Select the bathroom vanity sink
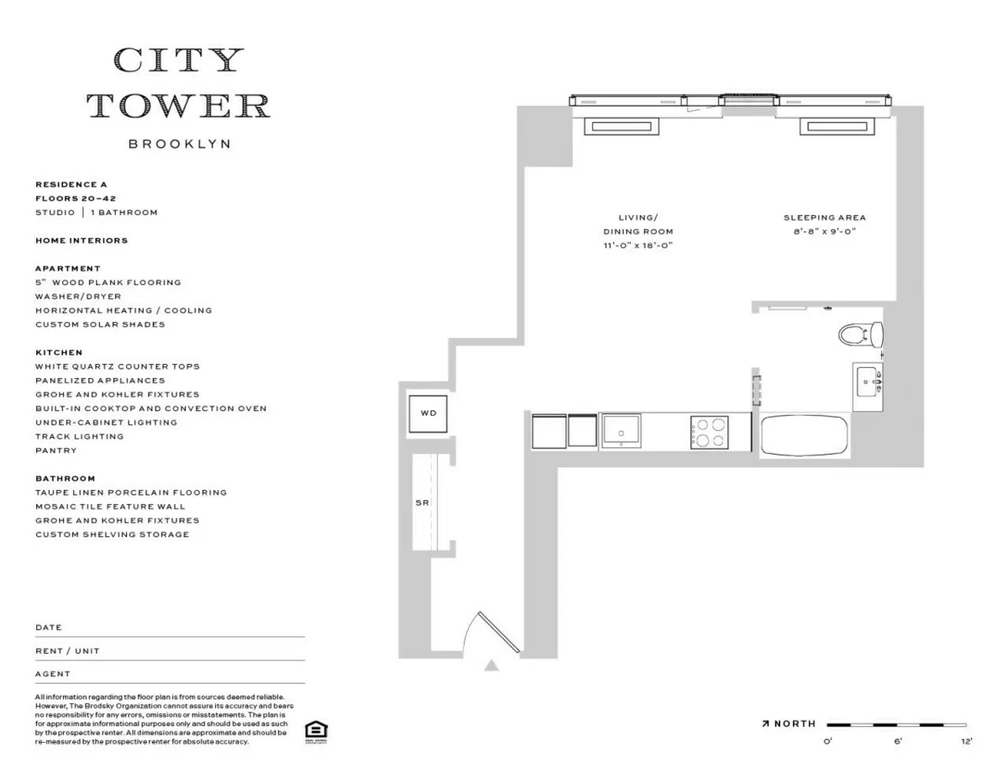[868, 386]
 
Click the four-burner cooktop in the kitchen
[709, 433]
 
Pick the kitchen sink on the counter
[621, 431]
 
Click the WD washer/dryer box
[428, 413]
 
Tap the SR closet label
[422, 503]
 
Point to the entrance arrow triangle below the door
[491, 666]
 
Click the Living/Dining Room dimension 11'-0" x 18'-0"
[638, 245]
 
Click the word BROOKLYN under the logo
[179, 145]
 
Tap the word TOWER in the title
[179, 106]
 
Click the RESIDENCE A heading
[71, 184]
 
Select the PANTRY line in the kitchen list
[55, 450]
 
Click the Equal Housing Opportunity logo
[316, 730]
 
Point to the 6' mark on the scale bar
[897, 741]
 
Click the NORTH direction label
[795, 724]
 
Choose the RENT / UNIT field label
[67, 650]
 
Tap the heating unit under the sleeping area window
[837, 127]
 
